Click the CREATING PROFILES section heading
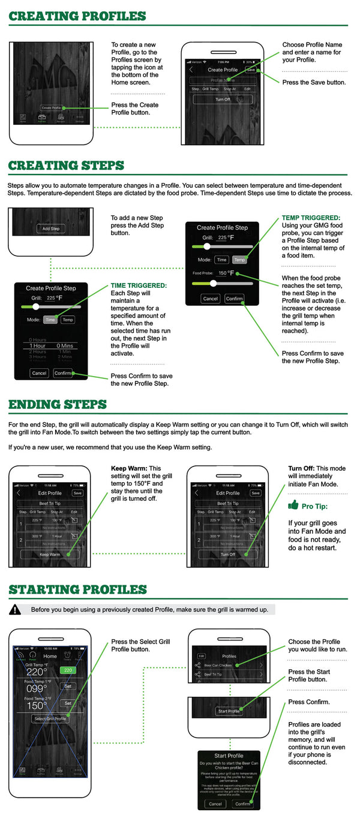77,16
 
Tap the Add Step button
50,228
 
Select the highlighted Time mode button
50,320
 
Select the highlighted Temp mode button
239,260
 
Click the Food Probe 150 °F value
226,273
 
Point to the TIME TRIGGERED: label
139,286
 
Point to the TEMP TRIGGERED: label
311,218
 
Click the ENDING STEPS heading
58,405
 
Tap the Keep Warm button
50,555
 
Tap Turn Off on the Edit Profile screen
228,555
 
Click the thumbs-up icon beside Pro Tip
293,505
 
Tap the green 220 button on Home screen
68,670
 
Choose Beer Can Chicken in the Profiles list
218,665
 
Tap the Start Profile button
228,711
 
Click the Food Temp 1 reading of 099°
37,688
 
